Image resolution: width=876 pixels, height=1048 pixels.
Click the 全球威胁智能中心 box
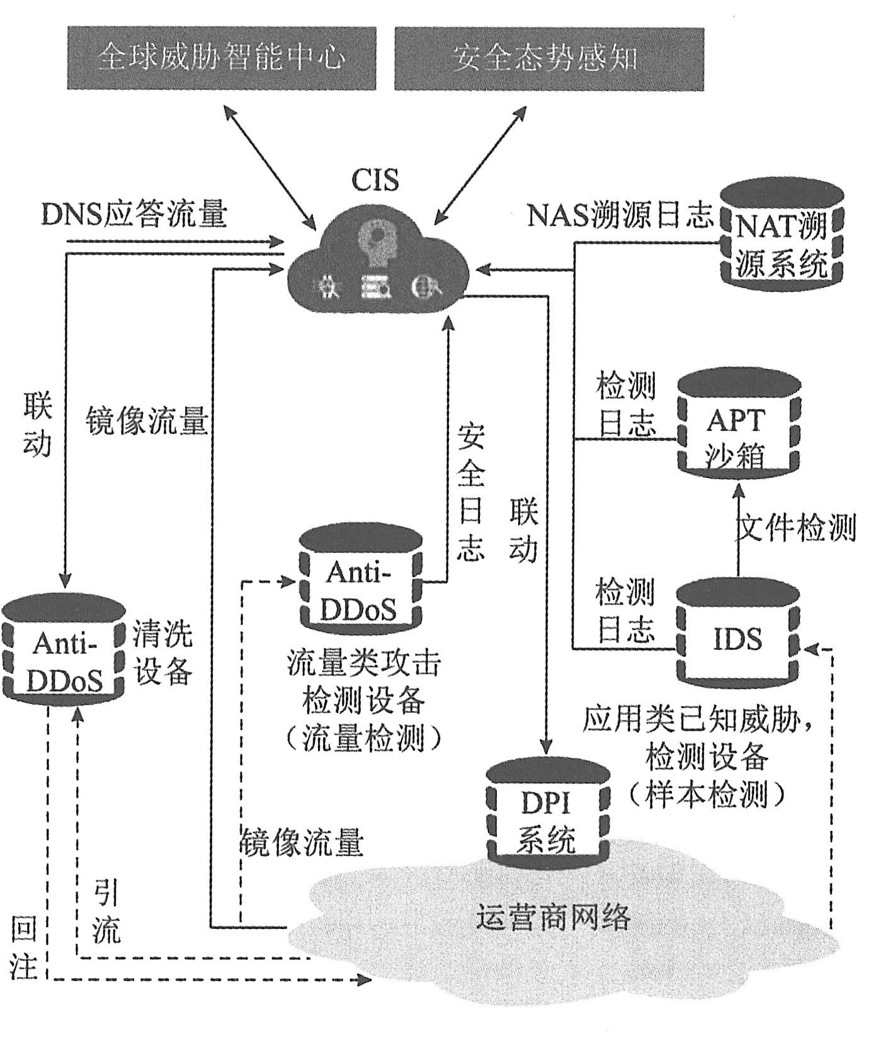tap(222, 58)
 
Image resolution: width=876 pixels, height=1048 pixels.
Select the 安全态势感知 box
tap(549, 58)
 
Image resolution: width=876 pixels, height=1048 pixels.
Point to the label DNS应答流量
tap(134, 215)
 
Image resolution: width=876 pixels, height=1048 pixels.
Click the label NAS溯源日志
tap(620, 216)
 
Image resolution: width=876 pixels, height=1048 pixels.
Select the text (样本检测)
tap(706, 795)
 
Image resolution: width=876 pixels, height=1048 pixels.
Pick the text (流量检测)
tap(363, 738)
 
